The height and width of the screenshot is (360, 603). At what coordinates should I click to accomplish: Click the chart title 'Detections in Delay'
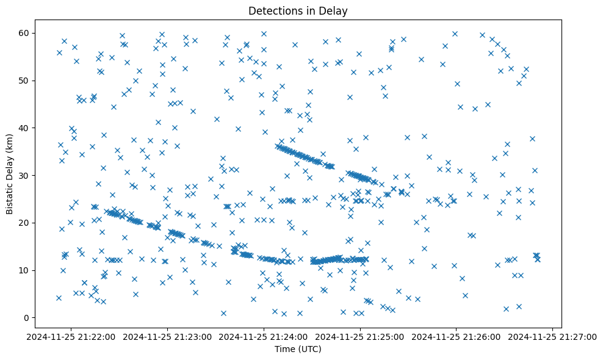(298, 10)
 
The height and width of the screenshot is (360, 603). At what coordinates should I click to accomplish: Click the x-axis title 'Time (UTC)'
(298, 350)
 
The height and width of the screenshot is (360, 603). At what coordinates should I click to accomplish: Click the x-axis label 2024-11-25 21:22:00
(73, 336)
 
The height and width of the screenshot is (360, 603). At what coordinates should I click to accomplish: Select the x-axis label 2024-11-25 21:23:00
(168, 336)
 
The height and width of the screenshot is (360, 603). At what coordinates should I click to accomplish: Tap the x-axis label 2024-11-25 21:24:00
(264, 336)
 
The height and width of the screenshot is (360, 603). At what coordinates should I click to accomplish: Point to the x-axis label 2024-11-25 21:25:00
(360, 336)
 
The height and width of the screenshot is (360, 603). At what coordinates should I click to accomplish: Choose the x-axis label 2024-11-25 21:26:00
(456, 336)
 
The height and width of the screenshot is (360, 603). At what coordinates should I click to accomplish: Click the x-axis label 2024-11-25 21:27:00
(552, 336)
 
